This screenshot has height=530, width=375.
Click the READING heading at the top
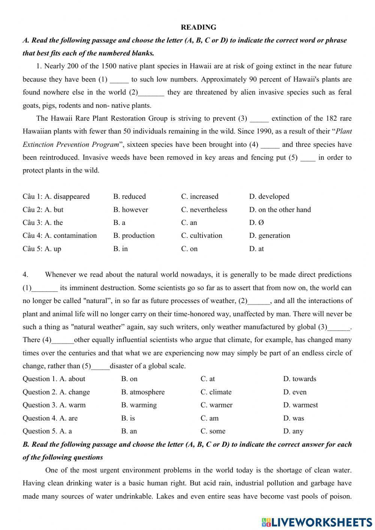[x=198, y=27]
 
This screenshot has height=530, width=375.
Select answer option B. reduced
[x=129, y=197]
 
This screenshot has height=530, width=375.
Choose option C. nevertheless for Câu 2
[x=204, y=210]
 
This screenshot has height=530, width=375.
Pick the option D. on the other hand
[x=280, y=210]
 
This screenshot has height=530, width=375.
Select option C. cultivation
[x=201, y=236]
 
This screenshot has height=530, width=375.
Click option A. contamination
[x=70, y=236]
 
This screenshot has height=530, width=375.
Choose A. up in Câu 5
[x=53, y=249]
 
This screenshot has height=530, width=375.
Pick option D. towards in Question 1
[x=300, y=379]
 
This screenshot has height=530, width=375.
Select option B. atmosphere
[x=143, y=392]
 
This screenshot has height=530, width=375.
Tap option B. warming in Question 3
[x=139, y=405]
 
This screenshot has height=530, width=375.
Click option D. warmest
[x=300, y=405]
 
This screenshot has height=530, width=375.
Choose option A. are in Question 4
[x=68, y=418]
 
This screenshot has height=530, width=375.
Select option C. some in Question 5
[x=213, y=431]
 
